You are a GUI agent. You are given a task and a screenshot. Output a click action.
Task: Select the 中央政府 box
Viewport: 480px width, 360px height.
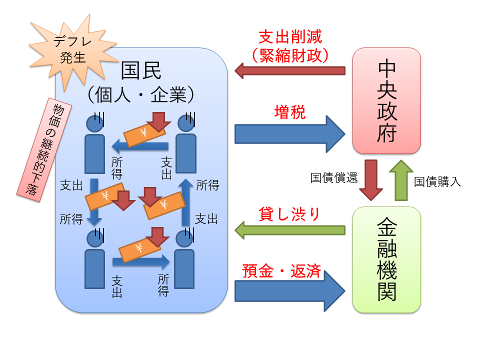pos(386,100)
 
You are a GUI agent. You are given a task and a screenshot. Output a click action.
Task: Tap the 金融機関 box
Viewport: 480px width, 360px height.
pos(386,259)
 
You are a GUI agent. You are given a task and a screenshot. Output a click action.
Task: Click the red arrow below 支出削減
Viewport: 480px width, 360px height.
pos(290,70)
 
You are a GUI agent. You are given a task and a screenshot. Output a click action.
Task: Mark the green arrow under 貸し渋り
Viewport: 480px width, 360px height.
pos(290,230)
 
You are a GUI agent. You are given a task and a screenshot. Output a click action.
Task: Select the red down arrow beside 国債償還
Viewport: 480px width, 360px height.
pos(371,180)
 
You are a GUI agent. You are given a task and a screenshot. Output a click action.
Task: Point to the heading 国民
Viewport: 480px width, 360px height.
pos(141,70)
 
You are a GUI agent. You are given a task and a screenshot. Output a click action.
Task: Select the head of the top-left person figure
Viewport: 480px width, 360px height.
pos(94,122)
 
